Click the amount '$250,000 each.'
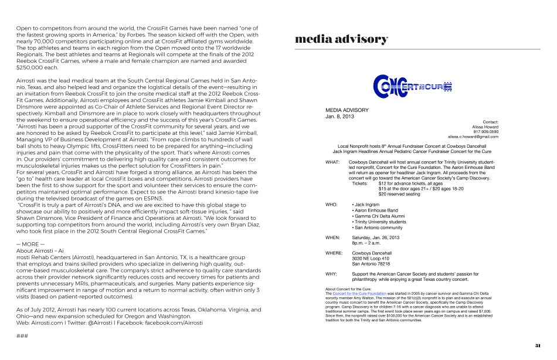(x=37, y=67)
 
